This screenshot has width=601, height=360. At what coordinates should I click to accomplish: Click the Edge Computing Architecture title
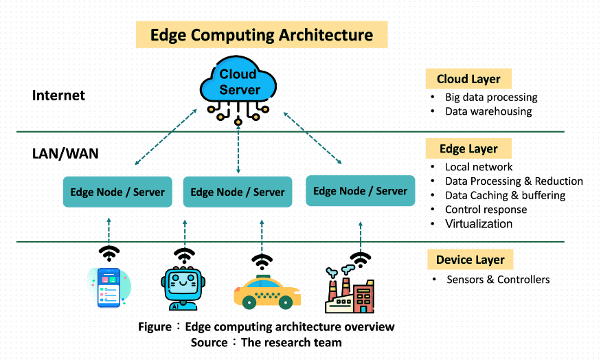[x=261, y=34]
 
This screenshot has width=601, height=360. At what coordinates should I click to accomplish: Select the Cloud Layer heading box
[x=468, y=79]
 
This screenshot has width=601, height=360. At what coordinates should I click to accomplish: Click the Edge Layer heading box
[x=468, y=148]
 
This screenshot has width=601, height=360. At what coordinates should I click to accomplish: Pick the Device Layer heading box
[x=470, y=260]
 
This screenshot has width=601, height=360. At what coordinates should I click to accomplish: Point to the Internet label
[x=58, y=95]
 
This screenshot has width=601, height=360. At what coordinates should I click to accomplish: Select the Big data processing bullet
[x=490, y=98]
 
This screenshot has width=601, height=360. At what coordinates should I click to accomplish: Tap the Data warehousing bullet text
[x=488, y=111]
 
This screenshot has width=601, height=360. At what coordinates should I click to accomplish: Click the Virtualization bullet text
[x=478, y=223]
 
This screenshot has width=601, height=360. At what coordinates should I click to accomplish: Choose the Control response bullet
[x=486, y=210]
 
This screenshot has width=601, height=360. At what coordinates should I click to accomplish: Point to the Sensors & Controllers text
[x=497, y=280]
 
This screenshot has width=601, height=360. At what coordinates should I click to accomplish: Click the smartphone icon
[x=108, y=287]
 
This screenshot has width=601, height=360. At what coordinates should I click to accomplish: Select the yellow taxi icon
[x=267, y=291]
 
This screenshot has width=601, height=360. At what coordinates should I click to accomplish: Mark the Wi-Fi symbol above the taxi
[x=261, y=262]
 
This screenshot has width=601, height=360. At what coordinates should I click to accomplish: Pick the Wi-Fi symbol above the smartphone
[x=109, y=251]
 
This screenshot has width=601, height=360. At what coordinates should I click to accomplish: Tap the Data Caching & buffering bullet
[x=505, y=195]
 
